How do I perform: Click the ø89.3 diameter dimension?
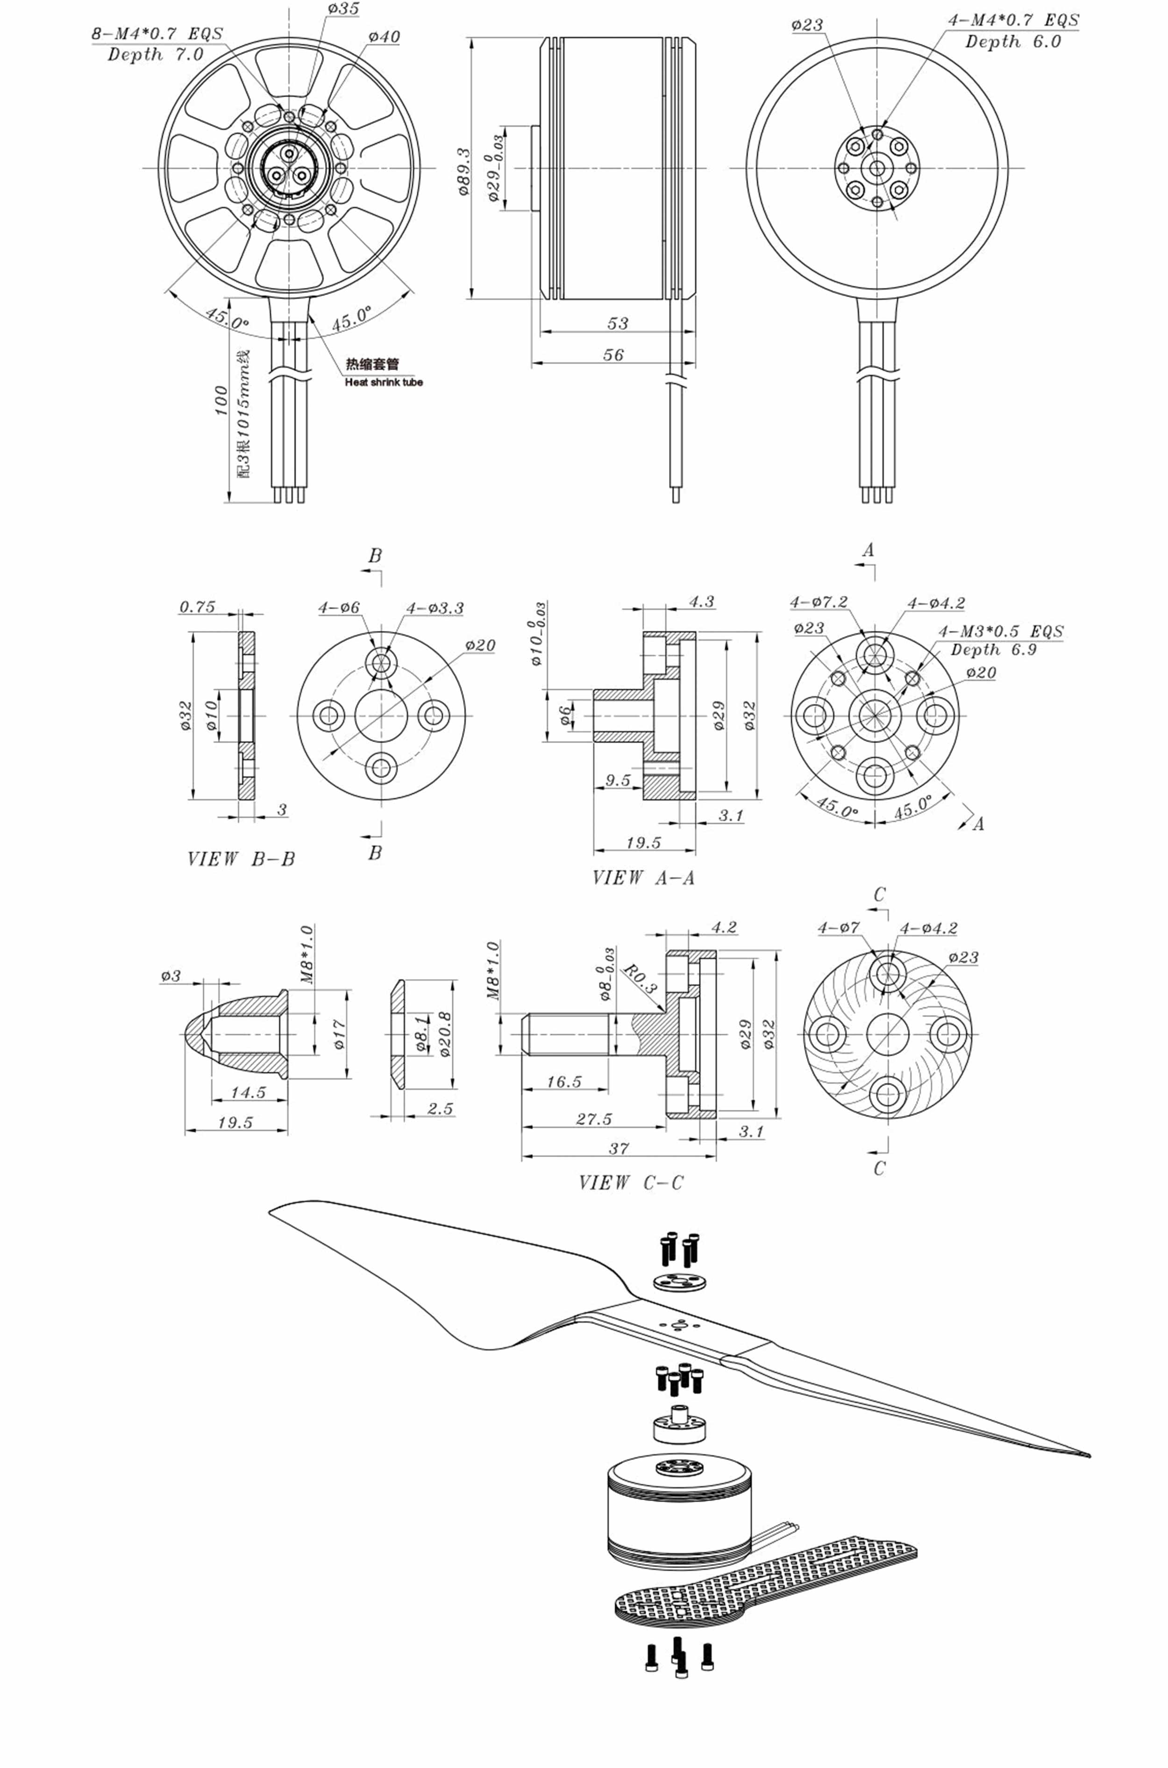click(464, 172)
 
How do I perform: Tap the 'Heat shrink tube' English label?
click(383, 382)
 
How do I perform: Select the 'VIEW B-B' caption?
click(241, 859)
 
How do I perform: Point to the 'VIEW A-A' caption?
click(644, 878)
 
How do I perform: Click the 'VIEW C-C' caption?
click(630, 1182)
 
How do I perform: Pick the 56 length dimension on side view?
click(613, 355)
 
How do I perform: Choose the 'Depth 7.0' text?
click(155, 54)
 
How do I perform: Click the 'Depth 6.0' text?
click(1012, 42)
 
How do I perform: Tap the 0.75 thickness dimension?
click(198, 607)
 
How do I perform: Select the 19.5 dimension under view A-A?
click(644, 843)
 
